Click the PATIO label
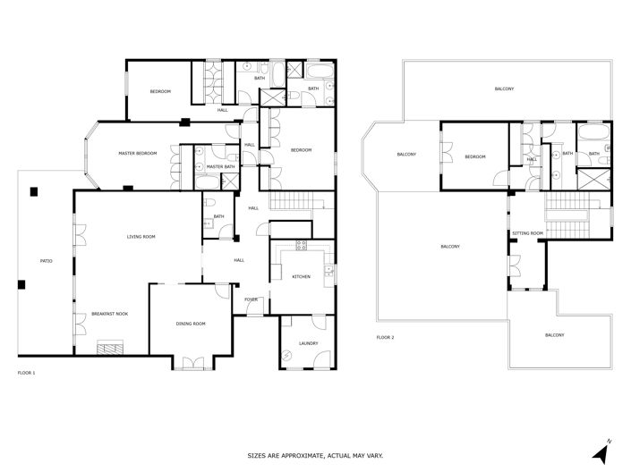(x=46, y=260)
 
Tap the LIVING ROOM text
(x=141, y=236)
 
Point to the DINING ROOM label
(x=191, y=324)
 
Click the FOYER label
(x=251, y=299)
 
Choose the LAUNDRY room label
(x=308, y=342)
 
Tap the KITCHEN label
(x=301, y=277)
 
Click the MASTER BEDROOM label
(x=138, y=154)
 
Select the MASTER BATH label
(x=220, y=166)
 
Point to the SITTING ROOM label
(x=527, y=233)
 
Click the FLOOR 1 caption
(x=28, y=371)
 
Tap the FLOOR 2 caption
(x=386, y=337)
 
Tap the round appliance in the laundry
(x=288, y=355)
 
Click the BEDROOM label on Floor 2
(x=474, y=157)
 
